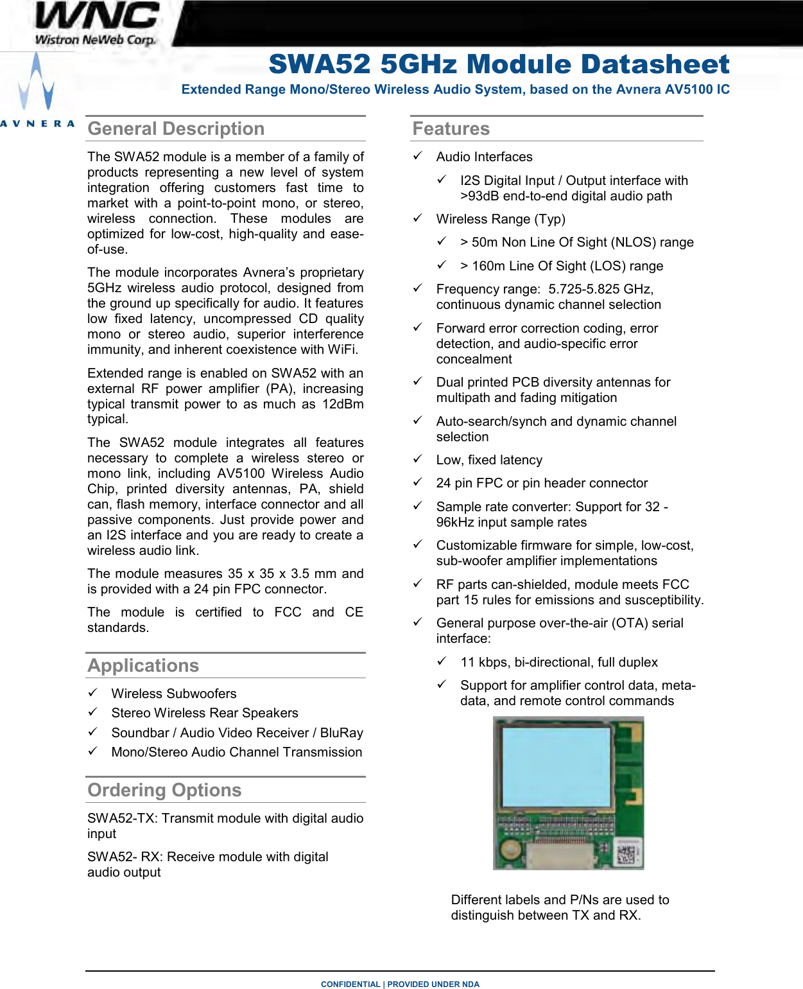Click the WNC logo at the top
tap(96, 24)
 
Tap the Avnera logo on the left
tap(37, 90)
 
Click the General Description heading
tap(176, 129)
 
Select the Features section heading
tap(451, 129)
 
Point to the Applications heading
tap(143, 666)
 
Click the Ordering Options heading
tap(164, 791)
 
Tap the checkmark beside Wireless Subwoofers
tap(93, 693)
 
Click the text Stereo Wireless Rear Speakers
tap(204, 713)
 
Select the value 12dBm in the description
tap(343, 404)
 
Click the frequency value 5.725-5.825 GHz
tap(601, 289)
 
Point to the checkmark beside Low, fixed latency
tap(418, 459)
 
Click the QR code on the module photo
tap(627, 853)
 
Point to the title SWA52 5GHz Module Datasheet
tap(499, 64)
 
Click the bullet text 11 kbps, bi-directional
tap(558, 662)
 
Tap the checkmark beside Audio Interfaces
tap(418, 156)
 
